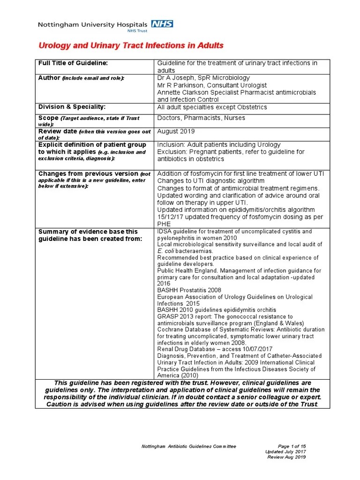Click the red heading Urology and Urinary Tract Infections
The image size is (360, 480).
click(x=131, y=45)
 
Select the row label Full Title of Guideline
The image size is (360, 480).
click(x=73, y=63)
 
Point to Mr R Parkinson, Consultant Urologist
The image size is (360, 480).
click(x=212, y=85)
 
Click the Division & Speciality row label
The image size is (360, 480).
click(x=72, y=107)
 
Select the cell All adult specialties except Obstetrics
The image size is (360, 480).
click(x=212, y=107)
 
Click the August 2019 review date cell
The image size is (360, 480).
click(x=176, y=131)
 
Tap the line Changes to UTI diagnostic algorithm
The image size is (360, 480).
click(x=211, y=180)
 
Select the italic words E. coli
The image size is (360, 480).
click(x=165, y=251)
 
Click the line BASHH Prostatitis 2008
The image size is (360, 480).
click(x=189, y=291)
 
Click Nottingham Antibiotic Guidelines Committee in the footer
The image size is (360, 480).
click(x=189, y=446)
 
